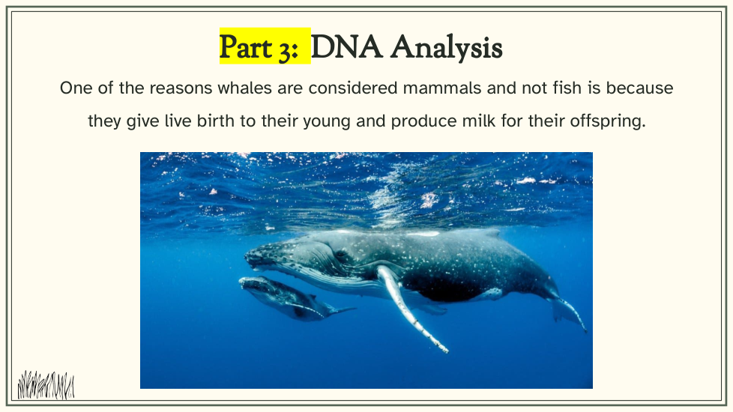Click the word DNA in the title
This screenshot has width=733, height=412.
point(346,47)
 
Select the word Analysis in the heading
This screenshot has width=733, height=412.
point(447,49)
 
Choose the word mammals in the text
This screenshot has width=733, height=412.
point(441,88)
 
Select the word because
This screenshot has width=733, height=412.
point(639,88)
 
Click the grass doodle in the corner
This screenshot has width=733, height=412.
point(46,385)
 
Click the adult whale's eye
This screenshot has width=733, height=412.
point(341,255)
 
